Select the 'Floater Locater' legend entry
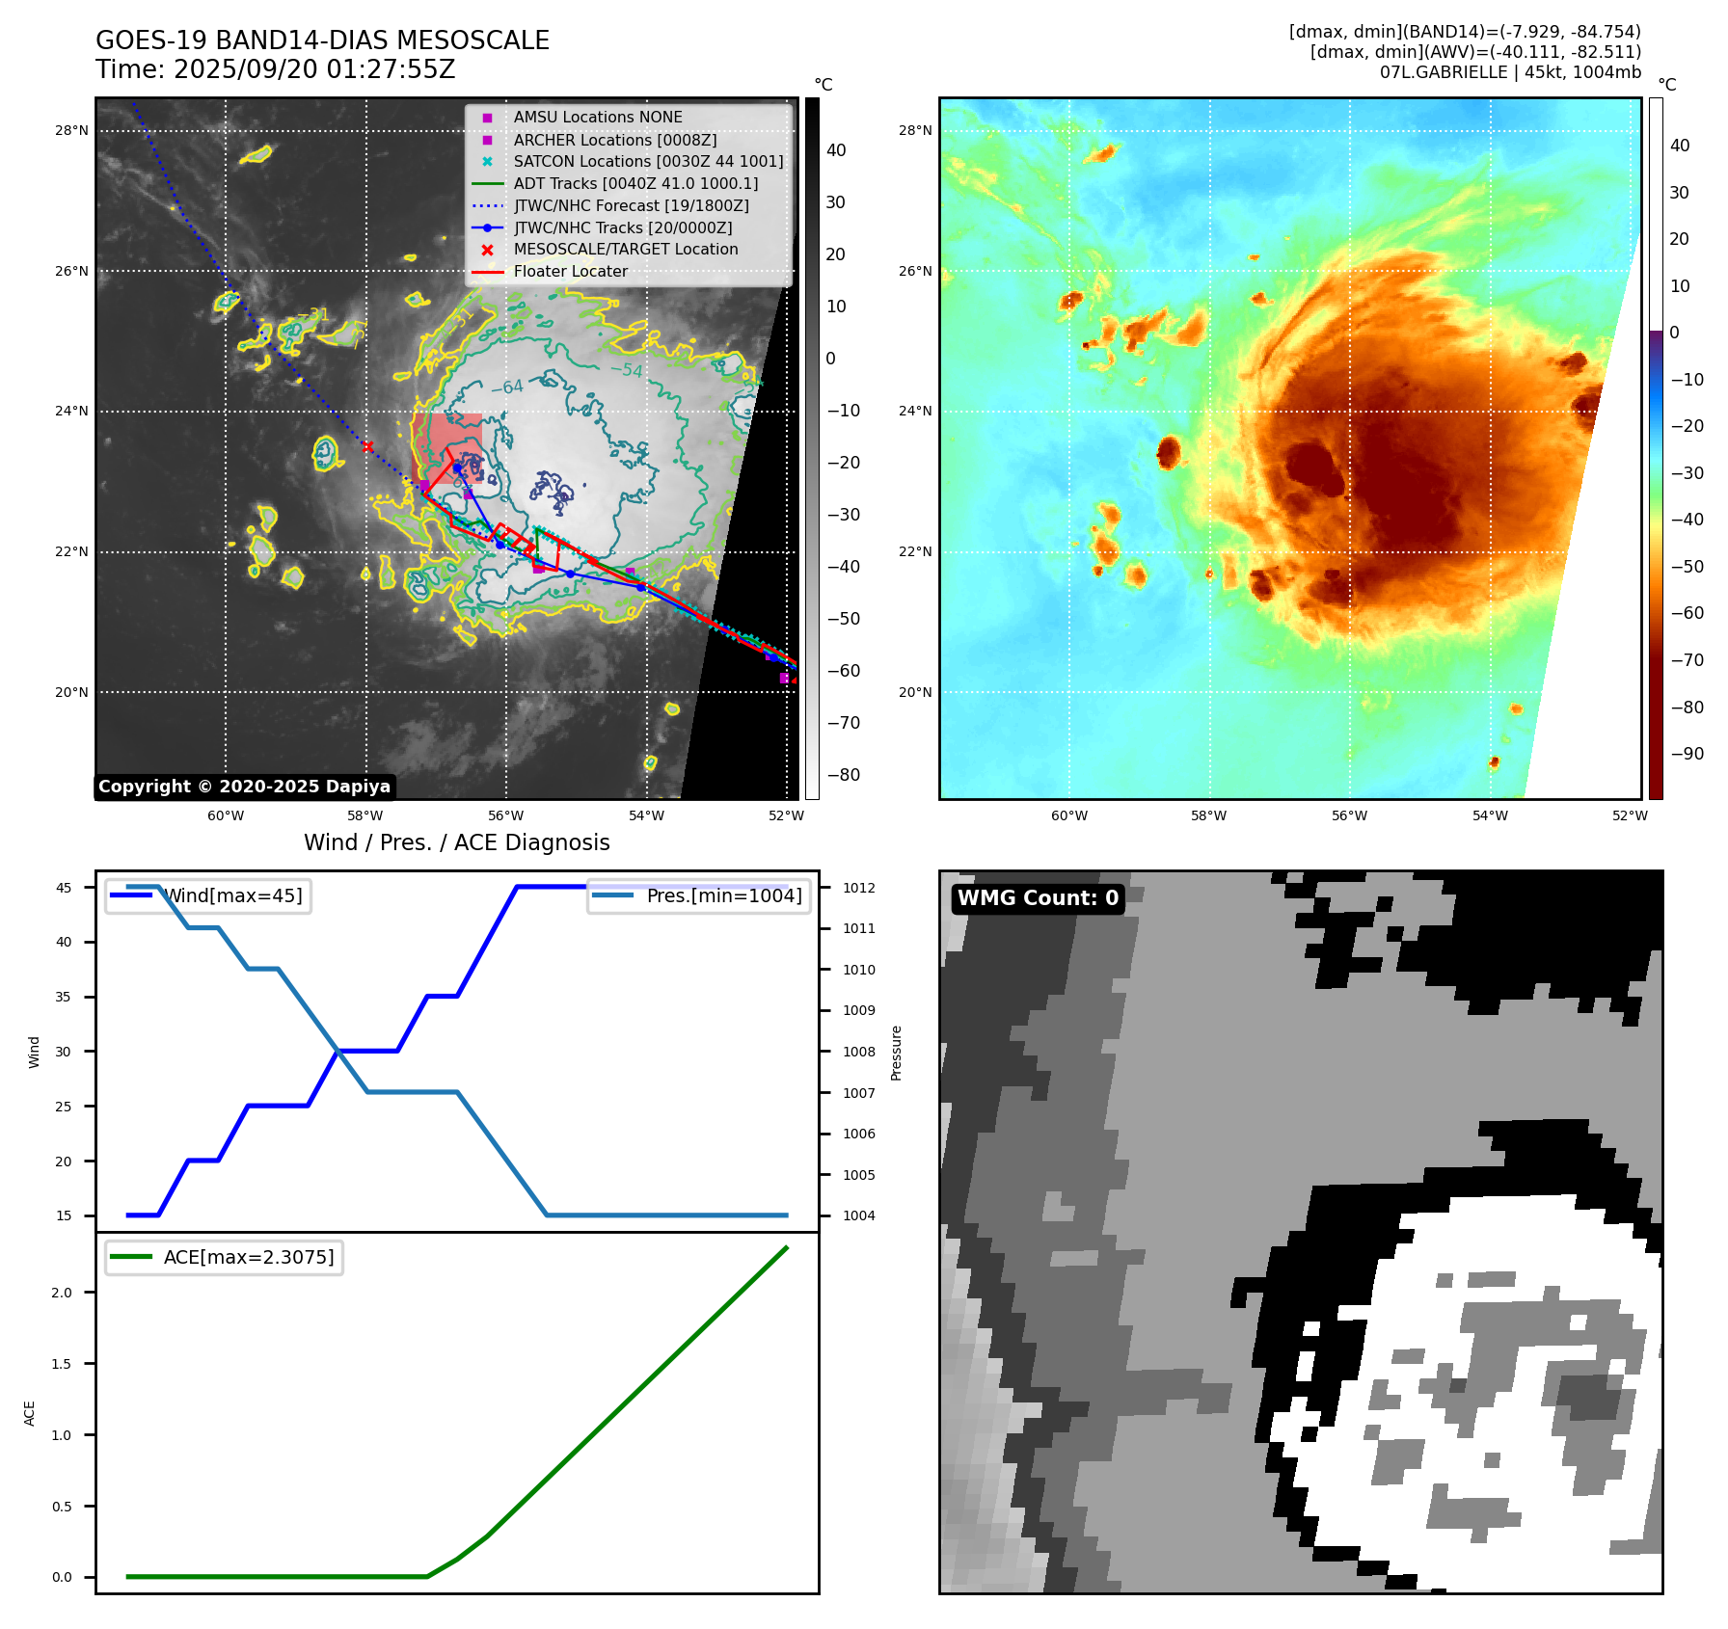click(x=570, y=272)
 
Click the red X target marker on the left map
click(x=366, y=446)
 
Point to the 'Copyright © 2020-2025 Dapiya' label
click(x=244, y=787)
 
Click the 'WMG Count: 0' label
click(x=1038, y=898)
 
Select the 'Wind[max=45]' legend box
click(x=208, y=896)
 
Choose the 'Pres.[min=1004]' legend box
click(x=698, y=896)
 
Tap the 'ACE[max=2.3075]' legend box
click(x=224, y=1258)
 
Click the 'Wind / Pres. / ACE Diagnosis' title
click(x=456, y=843)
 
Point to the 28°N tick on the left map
click(x=71, y=131)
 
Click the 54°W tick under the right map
click(x=1490, y=816)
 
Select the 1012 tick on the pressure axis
click(x=858, y=889)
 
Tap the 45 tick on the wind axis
click(x=64, y=889)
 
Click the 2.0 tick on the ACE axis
click(x=62, y=1294)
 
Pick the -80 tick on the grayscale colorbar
click(x=843, y=775)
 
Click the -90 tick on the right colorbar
click(x=1687, y=754)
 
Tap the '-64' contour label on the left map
click(x=507, y=387)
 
